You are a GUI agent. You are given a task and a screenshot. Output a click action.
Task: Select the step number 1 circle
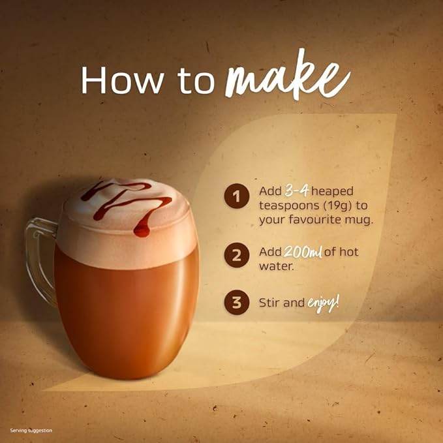pyautogui.click(x=237, y=196)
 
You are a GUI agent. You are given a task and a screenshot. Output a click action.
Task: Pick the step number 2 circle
pyautogui.click(x=237, y=257)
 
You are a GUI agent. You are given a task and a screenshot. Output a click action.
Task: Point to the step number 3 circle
pyautogui.click(x=237, y=303)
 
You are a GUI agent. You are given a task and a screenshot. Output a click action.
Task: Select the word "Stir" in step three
pyautogui.click(x=269, y=303)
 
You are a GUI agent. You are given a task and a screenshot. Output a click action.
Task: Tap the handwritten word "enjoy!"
pyautogui.click(x=324, y=303)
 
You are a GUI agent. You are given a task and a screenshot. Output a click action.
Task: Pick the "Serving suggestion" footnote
pyautogui.click(x=31, y=431)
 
